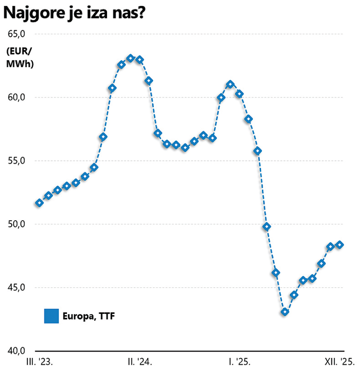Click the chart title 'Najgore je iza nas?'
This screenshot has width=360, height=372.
75,14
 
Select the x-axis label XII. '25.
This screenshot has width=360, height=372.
340,361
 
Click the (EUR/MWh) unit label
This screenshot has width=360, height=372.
19,57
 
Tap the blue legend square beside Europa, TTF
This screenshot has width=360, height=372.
52,316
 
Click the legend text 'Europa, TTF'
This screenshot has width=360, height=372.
89,316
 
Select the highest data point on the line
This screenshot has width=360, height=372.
130,58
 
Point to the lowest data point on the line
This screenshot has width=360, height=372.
285,312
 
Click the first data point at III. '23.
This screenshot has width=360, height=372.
40,203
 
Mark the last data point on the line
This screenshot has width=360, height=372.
340,245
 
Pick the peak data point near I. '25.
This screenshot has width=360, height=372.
230,84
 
